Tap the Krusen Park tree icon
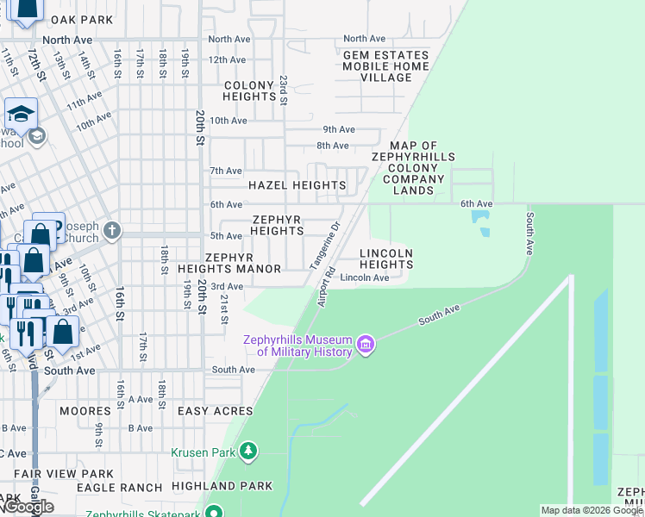[x=248, y=452]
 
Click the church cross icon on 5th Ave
[x=111, y=231]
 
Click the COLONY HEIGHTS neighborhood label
[x=249, y=91]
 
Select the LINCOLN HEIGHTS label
[x=385, y=258]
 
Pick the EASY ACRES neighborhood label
[x=215, y=412]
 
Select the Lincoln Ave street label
[x=364, y=277]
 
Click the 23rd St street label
[x=282, y=90]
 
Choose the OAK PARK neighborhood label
[x=81, y=19]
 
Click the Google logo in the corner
[x=28, y=507]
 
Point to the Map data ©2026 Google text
[x=591, y=511]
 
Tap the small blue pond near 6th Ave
[x=480, y=221]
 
